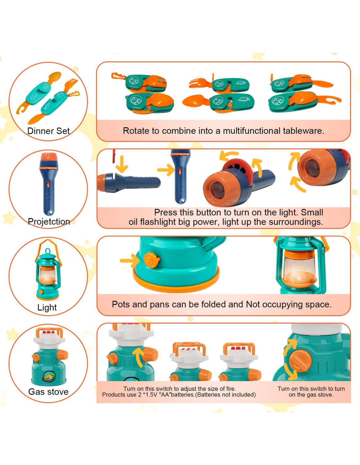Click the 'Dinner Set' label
click(48, 131)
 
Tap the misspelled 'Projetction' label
click(49, 221)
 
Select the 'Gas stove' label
click(48, 392)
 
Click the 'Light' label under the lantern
click(47, 307)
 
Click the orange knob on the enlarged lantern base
click(151, 260)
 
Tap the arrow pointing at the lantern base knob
click(130, 261)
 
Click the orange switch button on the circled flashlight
click(48, 184)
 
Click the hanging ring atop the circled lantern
click(47, 251)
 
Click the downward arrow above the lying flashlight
click(122, 164)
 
